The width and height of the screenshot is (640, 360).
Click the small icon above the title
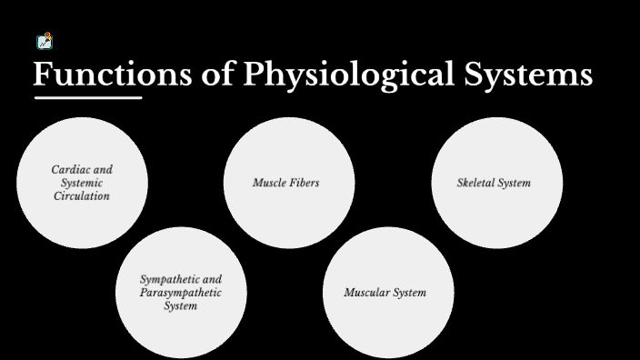point(44,41)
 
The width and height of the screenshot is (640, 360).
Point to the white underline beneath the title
point(88,97)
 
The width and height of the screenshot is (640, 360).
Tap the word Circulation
point(82,195)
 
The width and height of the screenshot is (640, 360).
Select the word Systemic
point(83,183)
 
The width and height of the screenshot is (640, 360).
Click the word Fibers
point(304,183)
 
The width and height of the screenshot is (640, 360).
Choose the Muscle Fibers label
point(285,183)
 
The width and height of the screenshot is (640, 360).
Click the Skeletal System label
point(494,183)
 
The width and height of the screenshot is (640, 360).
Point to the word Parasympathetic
point(181,293)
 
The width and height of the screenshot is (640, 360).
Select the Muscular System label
point(385,293)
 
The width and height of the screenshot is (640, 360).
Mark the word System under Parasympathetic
point(180,306)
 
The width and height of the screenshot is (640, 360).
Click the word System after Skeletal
point(515,183)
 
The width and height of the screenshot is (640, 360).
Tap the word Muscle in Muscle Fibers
point(269,183)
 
